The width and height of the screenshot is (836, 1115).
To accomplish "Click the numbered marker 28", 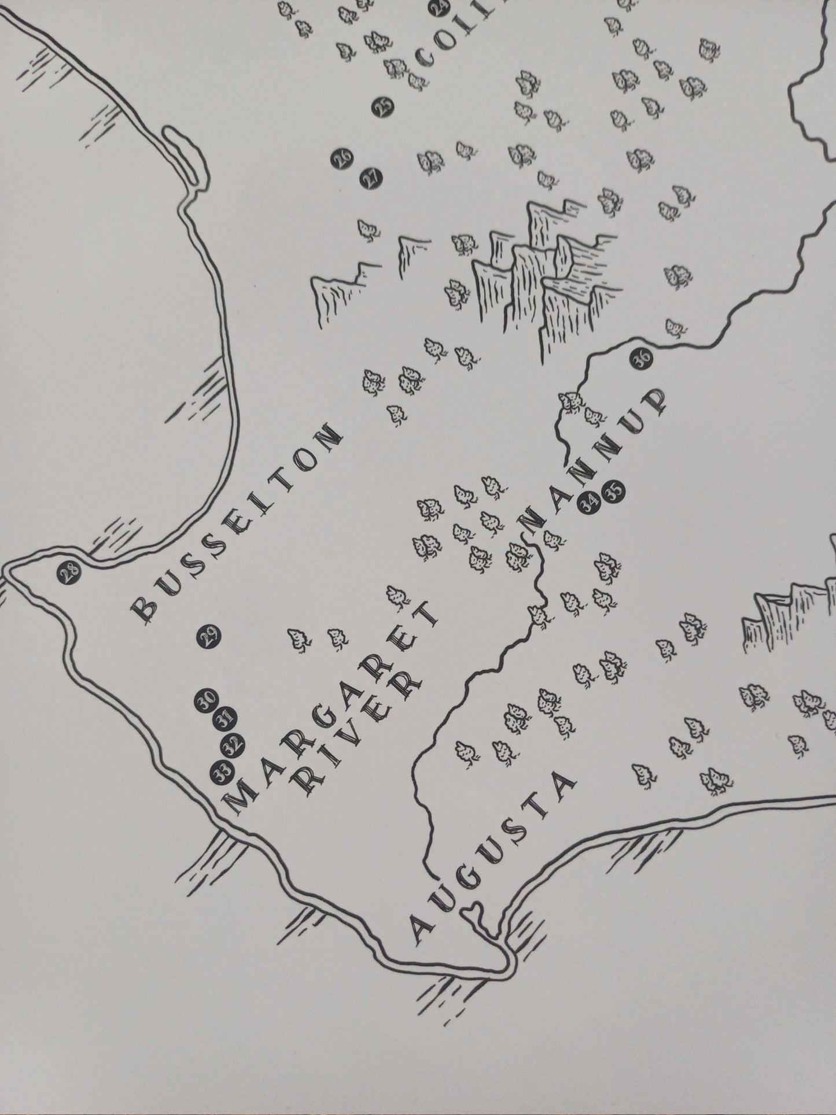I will (x=69, y=573).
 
